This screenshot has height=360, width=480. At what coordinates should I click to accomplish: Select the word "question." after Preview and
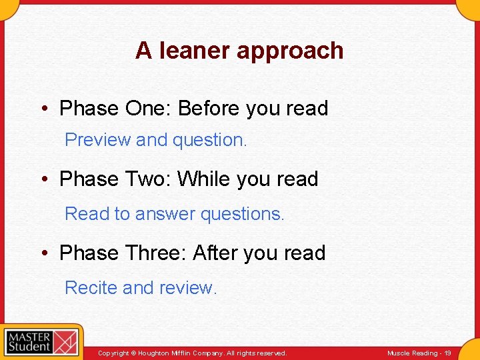tap(210, 141)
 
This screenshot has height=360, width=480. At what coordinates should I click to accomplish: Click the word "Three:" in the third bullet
tap(157, 253)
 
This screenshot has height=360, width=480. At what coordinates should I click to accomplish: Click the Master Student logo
tap(41, 342)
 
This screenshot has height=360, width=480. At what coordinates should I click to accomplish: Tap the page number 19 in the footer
tap(447, 353)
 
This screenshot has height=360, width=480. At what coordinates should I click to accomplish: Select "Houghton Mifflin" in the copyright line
tap(162, 353)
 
